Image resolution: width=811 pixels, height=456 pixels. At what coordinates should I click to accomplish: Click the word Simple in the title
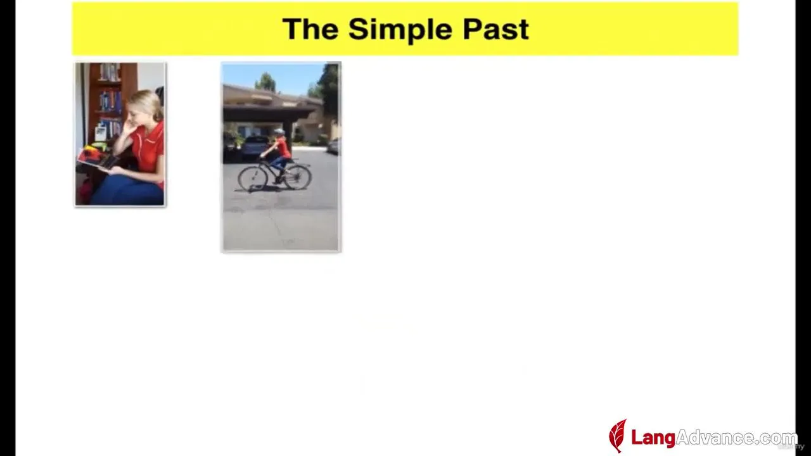click(x=400, y=30)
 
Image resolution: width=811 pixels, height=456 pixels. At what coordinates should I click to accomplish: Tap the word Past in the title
click(x=496, y=29)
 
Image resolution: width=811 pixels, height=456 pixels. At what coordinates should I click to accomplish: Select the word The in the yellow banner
click(x=310, y=29)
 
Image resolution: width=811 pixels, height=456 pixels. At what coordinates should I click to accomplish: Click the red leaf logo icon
click(x=618, y=436)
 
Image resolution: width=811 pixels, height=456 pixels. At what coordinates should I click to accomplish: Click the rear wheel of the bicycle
click(x=297, y=177)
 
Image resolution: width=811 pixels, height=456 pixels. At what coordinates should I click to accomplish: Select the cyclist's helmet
click(x=279, y=131)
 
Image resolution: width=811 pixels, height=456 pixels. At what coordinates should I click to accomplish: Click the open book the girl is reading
click(x=98, y=159)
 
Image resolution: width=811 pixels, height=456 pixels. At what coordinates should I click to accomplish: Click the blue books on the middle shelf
click(x=110, y=101)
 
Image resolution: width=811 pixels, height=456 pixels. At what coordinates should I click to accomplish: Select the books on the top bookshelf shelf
click(x=109, y=72)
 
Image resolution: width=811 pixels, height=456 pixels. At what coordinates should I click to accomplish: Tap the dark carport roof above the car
click(x=268, y=113)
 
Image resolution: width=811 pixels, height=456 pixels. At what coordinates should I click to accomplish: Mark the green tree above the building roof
click(x=265, y=82)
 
